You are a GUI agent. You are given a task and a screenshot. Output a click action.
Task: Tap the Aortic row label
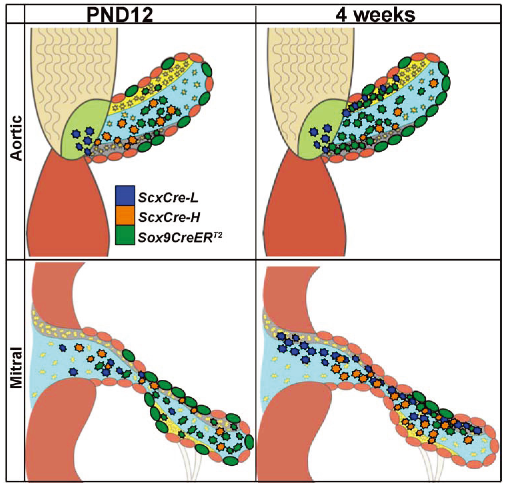pyautogui.click(x=16, y=138)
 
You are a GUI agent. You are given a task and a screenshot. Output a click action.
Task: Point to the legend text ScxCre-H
pyautogui.click(x=169, y=218)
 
